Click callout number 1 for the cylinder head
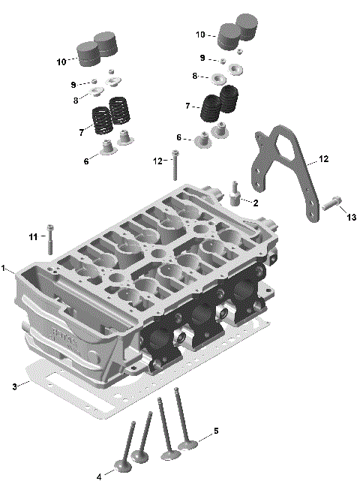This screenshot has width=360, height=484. (4, 268)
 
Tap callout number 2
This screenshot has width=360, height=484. (256, 203)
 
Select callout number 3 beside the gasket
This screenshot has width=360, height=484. (14, 386)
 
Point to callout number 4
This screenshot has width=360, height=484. (100, 476)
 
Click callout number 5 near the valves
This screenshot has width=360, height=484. (216, 431)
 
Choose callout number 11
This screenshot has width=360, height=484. (33, 237)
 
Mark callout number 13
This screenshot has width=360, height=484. (351, 217)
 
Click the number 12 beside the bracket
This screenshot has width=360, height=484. (323, 159)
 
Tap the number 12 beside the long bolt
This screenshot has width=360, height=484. (157, 161)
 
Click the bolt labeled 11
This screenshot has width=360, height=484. (50, 240)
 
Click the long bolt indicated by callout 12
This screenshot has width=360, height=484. (175, 165)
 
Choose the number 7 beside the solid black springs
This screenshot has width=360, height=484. (188, 107)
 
